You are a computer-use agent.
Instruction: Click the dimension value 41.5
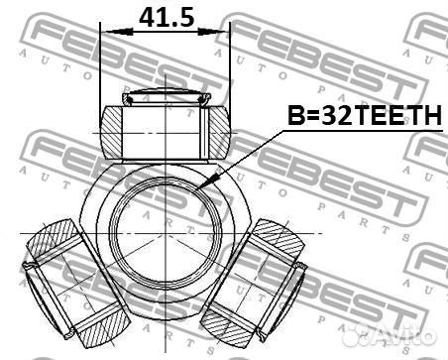pos(166,17)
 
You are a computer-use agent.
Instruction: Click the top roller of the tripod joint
pos(166,126)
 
